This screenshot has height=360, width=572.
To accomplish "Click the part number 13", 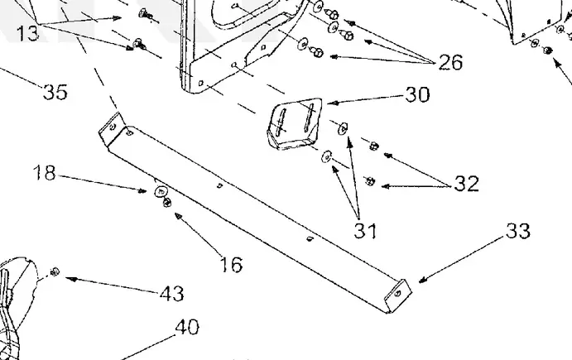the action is tap(27, 33).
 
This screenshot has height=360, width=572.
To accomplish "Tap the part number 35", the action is tap(55, 92).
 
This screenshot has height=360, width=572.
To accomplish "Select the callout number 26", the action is tap(450, 62).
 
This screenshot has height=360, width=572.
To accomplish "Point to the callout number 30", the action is tap(418, 94).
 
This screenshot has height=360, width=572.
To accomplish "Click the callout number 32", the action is tap(467, 183).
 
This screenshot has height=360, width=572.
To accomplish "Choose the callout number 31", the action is tap(365, 231).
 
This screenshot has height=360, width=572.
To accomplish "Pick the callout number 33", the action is tap(518, 231).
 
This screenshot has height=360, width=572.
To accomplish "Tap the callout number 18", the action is tap(44, 172).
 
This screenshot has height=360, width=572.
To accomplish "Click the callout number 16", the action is tap(232, 265).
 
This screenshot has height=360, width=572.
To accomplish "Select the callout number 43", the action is tap(172, 293).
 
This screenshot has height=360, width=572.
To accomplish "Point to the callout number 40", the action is tap(187, 327).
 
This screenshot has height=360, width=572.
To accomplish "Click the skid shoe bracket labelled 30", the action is tap(295, 123).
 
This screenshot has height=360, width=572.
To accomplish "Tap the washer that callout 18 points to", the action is tap(160, 191).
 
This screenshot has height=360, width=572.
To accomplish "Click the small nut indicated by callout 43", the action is tap(55, 271).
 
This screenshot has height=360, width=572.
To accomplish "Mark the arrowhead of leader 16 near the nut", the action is tap(179, 217).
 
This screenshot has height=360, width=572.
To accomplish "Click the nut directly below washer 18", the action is tap(167, 202).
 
